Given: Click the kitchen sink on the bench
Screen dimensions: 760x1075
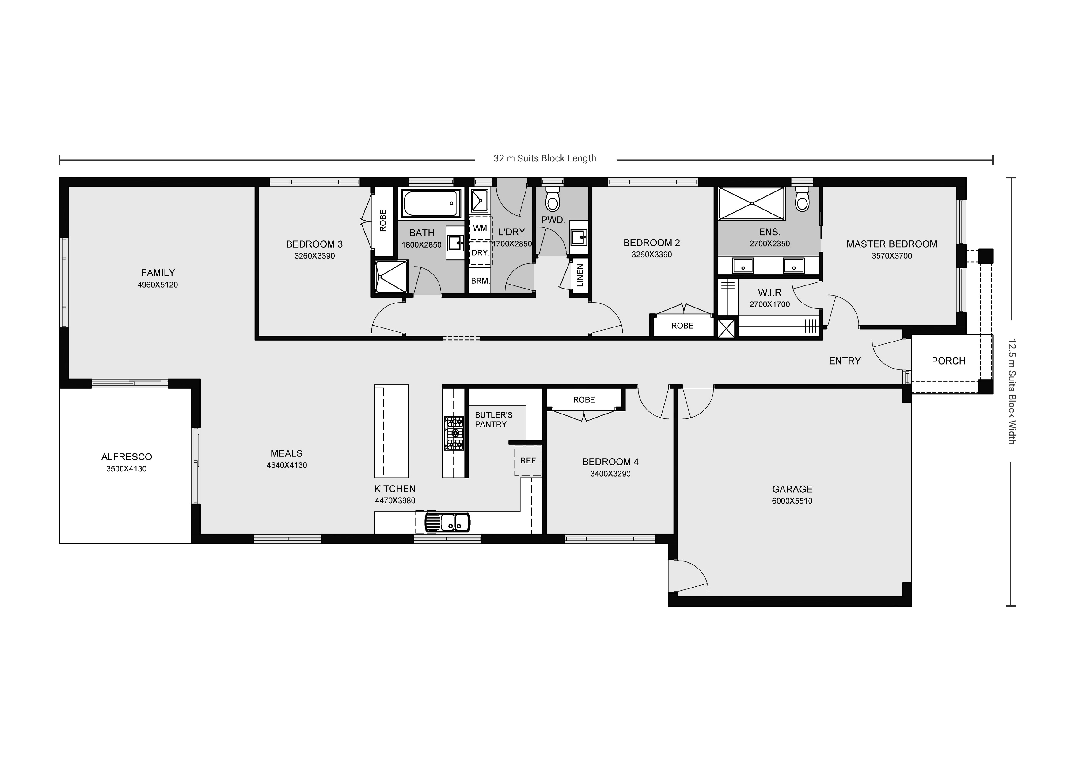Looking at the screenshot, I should point(448,523).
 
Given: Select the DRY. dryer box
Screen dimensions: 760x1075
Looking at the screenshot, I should point(480,253).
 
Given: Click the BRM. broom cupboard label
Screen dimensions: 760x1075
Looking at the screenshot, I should point(480,281).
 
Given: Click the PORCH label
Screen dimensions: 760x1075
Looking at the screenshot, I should point(948,361).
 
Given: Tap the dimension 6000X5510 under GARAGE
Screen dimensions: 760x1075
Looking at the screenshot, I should point(792,501).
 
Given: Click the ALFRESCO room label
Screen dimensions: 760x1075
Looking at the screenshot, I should point(127,457).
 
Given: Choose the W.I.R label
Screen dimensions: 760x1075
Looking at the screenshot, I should point(769,293).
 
